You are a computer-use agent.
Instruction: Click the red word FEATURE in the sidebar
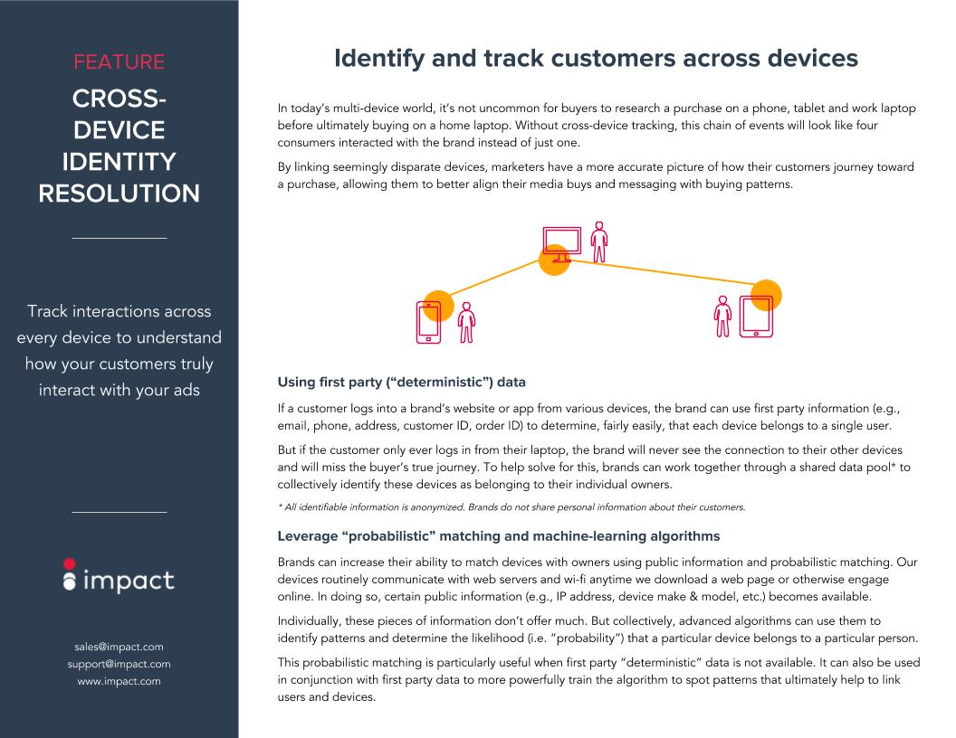coord(119,62)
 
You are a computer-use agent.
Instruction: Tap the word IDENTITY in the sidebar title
coord(119,162)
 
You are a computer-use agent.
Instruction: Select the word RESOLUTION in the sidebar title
coord(119,194)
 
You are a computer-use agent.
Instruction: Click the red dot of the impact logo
coord(70,563)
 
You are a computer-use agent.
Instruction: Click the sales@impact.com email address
coord(119,647)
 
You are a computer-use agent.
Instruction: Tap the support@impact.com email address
coord(119,664)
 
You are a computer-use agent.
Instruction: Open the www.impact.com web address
coord(119,681)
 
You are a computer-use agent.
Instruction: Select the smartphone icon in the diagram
coord(428,322)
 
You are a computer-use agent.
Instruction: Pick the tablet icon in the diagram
coord(756,316)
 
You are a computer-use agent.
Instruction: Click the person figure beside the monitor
coord(599,242)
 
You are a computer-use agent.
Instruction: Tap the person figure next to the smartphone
coord(466,323)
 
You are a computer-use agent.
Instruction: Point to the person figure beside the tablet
coord(722,317)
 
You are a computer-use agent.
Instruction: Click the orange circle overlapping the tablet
coord(766,296)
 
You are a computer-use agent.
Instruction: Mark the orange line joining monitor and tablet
coord(661,272)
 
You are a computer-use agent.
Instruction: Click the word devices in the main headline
coord(812,59)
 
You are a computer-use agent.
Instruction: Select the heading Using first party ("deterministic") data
coord(401,383)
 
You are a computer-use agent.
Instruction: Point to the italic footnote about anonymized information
coord(511,507)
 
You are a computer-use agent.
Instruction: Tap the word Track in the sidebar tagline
coord(47,311)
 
